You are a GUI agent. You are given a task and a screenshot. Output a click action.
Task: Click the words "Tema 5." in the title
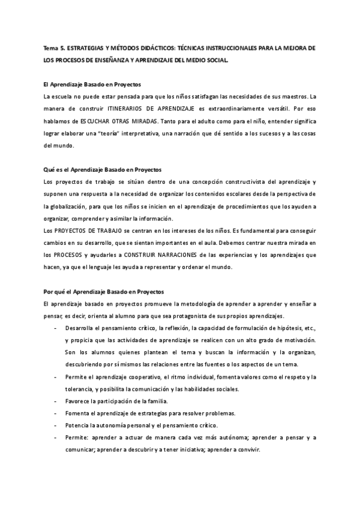point(53,46)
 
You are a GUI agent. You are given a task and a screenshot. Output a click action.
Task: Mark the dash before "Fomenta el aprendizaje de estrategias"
point(55,414)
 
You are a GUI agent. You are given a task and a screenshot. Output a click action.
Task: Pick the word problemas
point(219,414)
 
